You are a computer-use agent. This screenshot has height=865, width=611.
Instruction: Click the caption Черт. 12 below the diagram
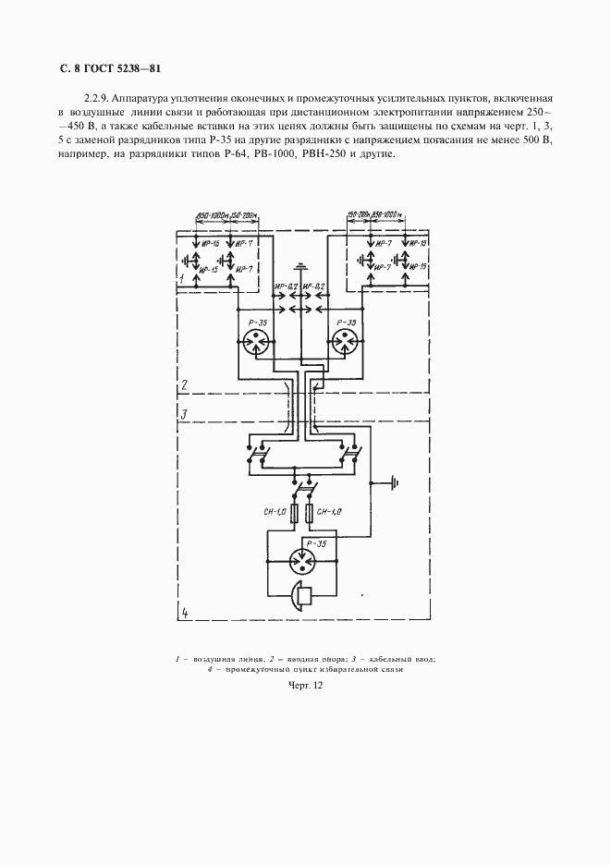305,686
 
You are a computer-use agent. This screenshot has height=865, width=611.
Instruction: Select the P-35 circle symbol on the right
348,342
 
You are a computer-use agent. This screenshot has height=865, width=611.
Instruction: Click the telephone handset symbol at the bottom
301,595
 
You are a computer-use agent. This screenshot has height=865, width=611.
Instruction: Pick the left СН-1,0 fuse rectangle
295,514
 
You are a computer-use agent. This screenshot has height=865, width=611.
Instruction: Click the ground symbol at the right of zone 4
395,481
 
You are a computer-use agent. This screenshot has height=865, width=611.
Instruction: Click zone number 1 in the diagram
183,277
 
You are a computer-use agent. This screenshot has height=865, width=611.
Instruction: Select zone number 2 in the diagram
184,385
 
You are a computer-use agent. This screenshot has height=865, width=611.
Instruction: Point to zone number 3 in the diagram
184,414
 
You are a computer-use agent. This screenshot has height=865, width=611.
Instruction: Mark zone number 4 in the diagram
184,612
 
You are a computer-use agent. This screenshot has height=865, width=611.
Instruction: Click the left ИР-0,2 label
287,286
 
